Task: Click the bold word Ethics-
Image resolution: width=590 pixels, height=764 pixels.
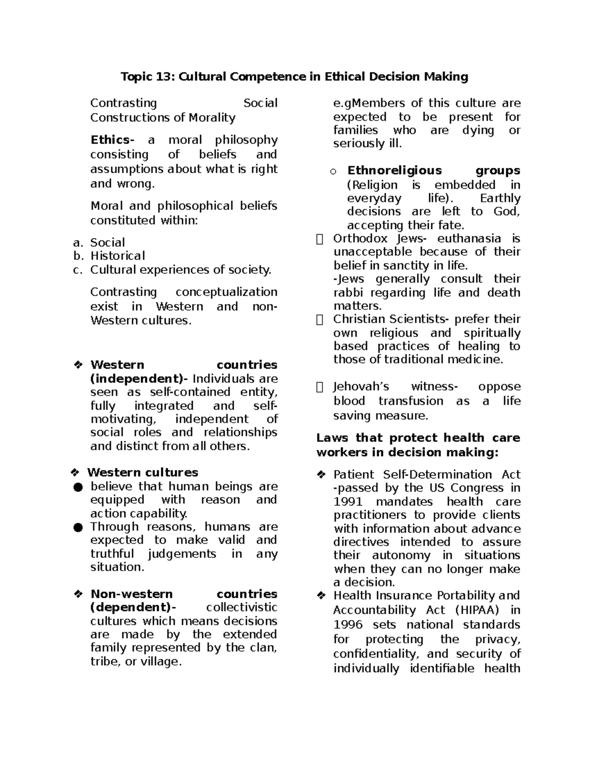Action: [112, 140]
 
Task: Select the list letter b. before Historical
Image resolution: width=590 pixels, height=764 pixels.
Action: [78, 256]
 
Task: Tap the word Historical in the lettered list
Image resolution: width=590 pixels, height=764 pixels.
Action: [118, 256]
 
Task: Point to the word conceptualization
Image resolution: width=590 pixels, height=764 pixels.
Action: [226, 292]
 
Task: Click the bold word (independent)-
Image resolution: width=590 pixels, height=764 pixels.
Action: [139, 379]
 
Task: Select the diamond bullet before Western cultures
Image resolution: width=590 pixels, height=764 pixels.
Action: [75, 473]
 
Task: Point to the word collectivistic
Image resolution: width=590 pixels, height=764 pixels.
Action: [241, 608]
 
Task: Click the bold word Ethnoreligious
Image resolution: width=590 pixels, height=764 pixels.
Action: [395, 171]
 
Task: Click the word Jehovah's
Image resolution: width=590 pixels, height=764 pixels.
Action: [361, 387]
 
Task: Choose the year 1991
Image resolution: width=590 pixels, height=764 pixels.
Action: [348, 502]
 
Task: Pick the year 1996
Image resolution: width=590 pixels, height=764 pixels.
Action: [348, 625]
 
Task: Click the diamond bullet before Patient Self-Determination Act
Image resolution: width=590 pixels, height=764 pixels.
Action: [321, 475]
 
